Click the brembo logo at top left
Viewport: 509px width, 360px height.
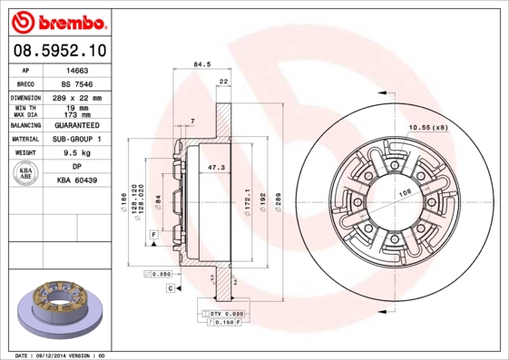pyautogui.click(x=60, y=21)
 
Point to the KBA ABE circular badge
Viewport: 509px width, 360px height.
pyautogui.click(x=26, y=173)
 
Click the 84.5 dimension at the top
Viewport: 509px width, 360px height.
pyautogui.click(x=203, y=64)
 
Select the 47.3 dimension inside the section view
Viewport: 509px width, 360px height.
pyautogui.click(x=217, y=168)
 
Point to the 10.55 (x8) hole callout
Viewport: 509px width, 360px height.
pyautogui.click(x=427, y=126)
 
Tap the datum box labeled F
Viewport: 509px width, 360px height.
pyautogui.click(x=155, y=235)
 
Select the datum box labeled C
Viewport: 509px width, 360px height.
pyautogui.click(x=170, y=287)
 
